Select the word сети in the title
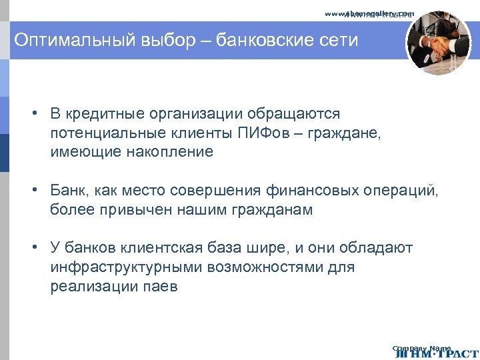point(340,41)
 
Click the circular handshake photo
point(438,42)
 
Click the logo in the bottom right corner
point(436,351)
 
